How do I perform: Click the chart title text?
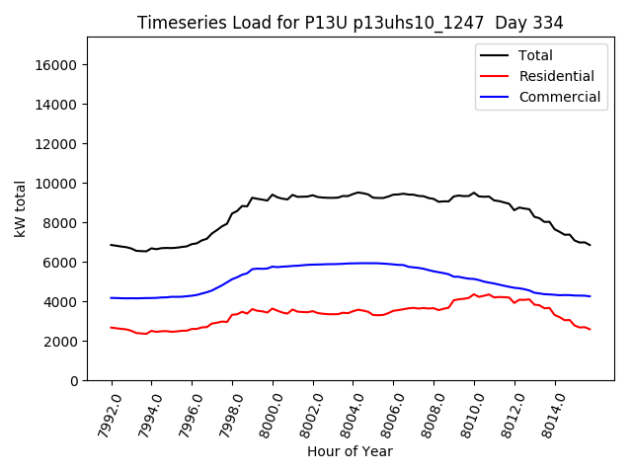pyautogui.click(x=349, y=23)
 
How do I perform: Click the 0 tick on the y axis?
pyautogui.click(x=74, y=381)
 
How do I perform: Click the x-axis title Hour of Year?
pyautogui.click(x=350, y=451)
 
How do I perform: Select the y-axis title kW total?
pyautogui.click(x=21, y=208)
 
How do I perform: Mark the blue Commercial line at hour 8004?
pyautogui.click(x=354, y=263)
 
